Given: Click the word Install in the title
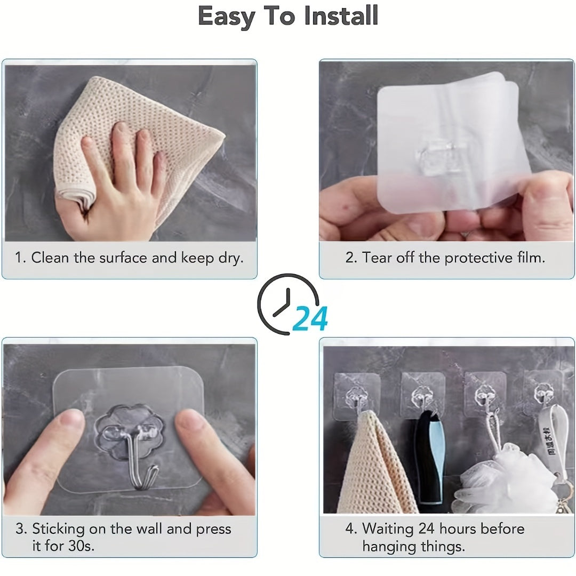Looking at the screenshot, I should pyautogui.click(x=341, y=16).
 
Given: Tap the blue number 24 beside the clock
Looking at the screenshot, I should pyautogui.click(x=310, y=319).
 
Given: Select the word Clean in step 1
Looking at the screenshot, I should pyautogui.click(x=51, y=258).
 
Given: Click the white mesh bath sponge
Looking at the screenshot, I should pyautogui.click(x=501, y=480).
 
